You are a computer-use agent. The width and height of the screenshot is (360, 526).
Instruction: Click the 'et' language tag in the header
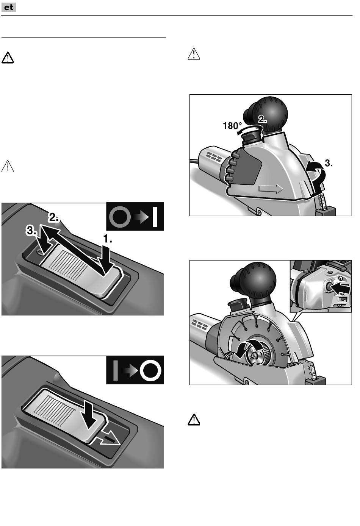tap(9, 7)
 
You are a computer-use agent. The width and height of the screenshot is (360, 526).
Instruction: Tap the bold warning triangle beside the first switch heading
tap(8, 58)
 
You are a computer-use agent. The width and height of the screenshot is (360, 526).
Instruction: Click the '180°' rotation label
tap(232, 126)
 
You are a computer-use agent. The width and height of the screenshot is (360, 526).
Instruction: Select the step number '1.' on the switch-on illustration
tap(108, 239)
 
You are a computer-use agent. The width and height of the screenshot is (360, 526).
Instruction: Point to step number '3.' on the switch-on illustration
tap(31, 231)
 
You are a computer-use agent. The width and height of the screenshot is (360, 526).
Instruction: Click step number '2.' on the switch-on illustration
tap(53, 217)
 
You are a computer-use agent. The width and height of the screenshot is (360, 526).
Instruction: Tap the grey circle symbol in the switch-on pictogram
tap(120, 217)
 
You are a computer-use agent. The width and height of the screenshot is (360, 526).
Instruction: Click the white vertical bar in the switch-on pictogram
tap(155, 217)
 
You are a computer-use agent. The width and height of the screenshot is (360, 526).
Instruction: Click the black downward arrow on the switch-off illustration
tap(90, 415)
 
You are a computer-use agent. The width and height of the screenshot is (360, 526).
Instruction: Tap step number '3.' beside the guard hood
tap(329, 163)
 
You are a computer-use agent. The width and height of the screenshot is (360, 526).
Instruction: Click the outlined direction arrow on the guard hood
tap(271, 189)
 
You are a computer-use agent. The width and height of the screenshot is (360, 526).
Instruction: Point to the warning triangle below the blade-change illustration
tap(194, 420)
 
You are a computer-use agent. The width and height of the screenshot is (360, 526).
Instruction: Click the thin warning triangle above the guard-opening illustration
tap(194, 54)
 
